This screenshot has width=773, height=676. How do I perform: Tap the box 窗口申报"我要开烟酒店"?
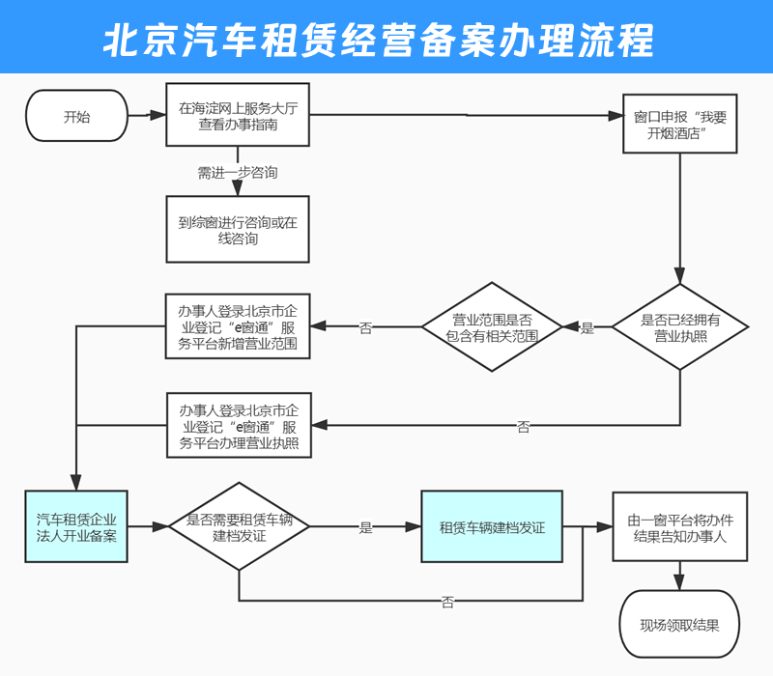679,125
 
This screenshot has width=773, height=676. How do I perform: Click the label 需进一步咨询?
238,173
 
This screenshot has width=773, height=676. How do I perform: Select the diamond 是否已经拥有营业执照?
680,327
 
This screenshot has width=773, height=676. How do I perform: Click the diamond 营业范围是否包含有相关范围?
492,327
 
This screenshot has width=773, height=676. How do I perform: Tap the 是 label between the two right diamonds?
587,328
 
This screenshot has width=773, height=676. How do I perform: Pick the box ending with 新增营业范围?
238,327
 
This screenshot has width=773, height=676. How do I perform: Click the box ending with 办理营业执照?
238,425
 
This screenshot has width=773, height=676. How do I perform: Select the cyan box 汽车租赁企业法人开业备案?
76,527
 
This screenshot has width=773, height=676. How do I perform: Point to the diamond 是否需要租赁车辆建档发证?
239,527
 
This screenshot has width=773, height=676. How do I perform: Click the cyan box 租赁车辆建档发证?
492,527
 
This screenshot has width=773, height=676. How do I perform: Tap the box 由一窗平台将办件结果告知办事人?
680,527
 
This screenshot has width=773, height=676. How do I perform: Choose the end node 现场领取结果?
680,625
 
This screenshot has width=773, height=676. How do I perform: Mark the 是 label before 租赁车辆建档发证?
365,528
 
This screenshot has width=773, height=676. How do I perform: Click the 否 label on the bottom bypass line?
446,603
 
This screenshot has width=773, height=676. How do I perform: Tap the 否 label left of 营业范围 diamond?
365,328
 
